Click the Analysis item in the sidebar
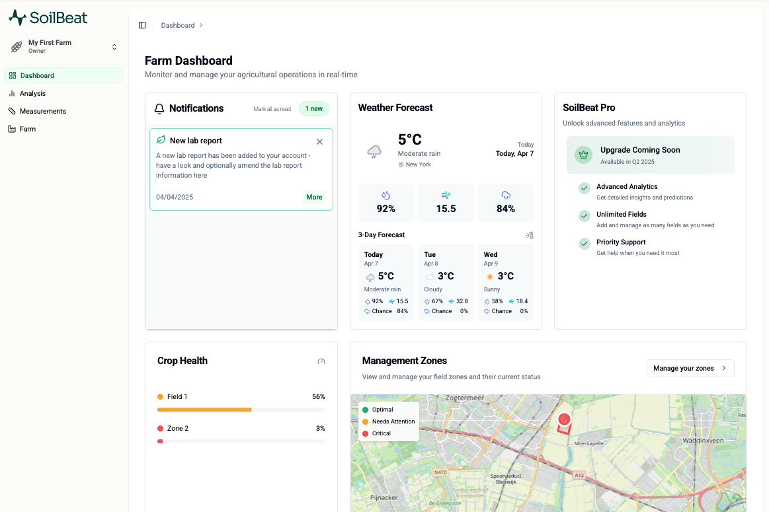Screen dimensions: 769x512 [28, 93]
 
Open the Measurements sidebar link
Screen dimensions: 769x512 [37, 111]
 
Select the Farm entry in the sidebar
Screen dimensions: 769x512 [22, 129]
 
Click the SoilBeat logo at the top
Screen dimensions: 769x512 [48, 18]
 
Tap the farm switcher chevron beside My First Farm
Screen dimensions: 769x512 [114, 47]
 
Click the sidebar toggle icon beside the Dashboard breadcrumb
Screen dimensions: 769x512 [142, 25]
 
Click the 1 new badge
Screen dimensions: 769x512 [314, 109]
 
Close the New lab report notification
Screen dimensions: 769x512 [320, 141]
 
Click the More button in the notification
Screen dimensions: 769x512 [314, 197]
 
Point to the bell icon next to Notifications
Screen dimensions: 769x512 [159, 109]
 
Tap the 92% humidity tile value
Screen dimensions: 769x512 [386, 209]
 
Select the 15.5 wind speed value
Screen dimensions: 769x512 [446, 209]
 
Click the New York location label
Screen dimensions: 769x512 [419, 165]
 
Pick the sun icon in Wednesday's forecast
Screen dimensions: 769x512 [489, 277]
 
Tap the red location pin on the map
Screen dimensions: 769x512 [565, 420]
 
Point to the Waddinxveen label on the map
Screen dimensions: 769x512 [703, 441]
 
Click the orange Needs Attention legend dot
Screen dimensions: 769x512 [366, 421]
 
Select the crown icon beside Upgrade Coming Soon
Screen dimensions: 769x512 [584, 155]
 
